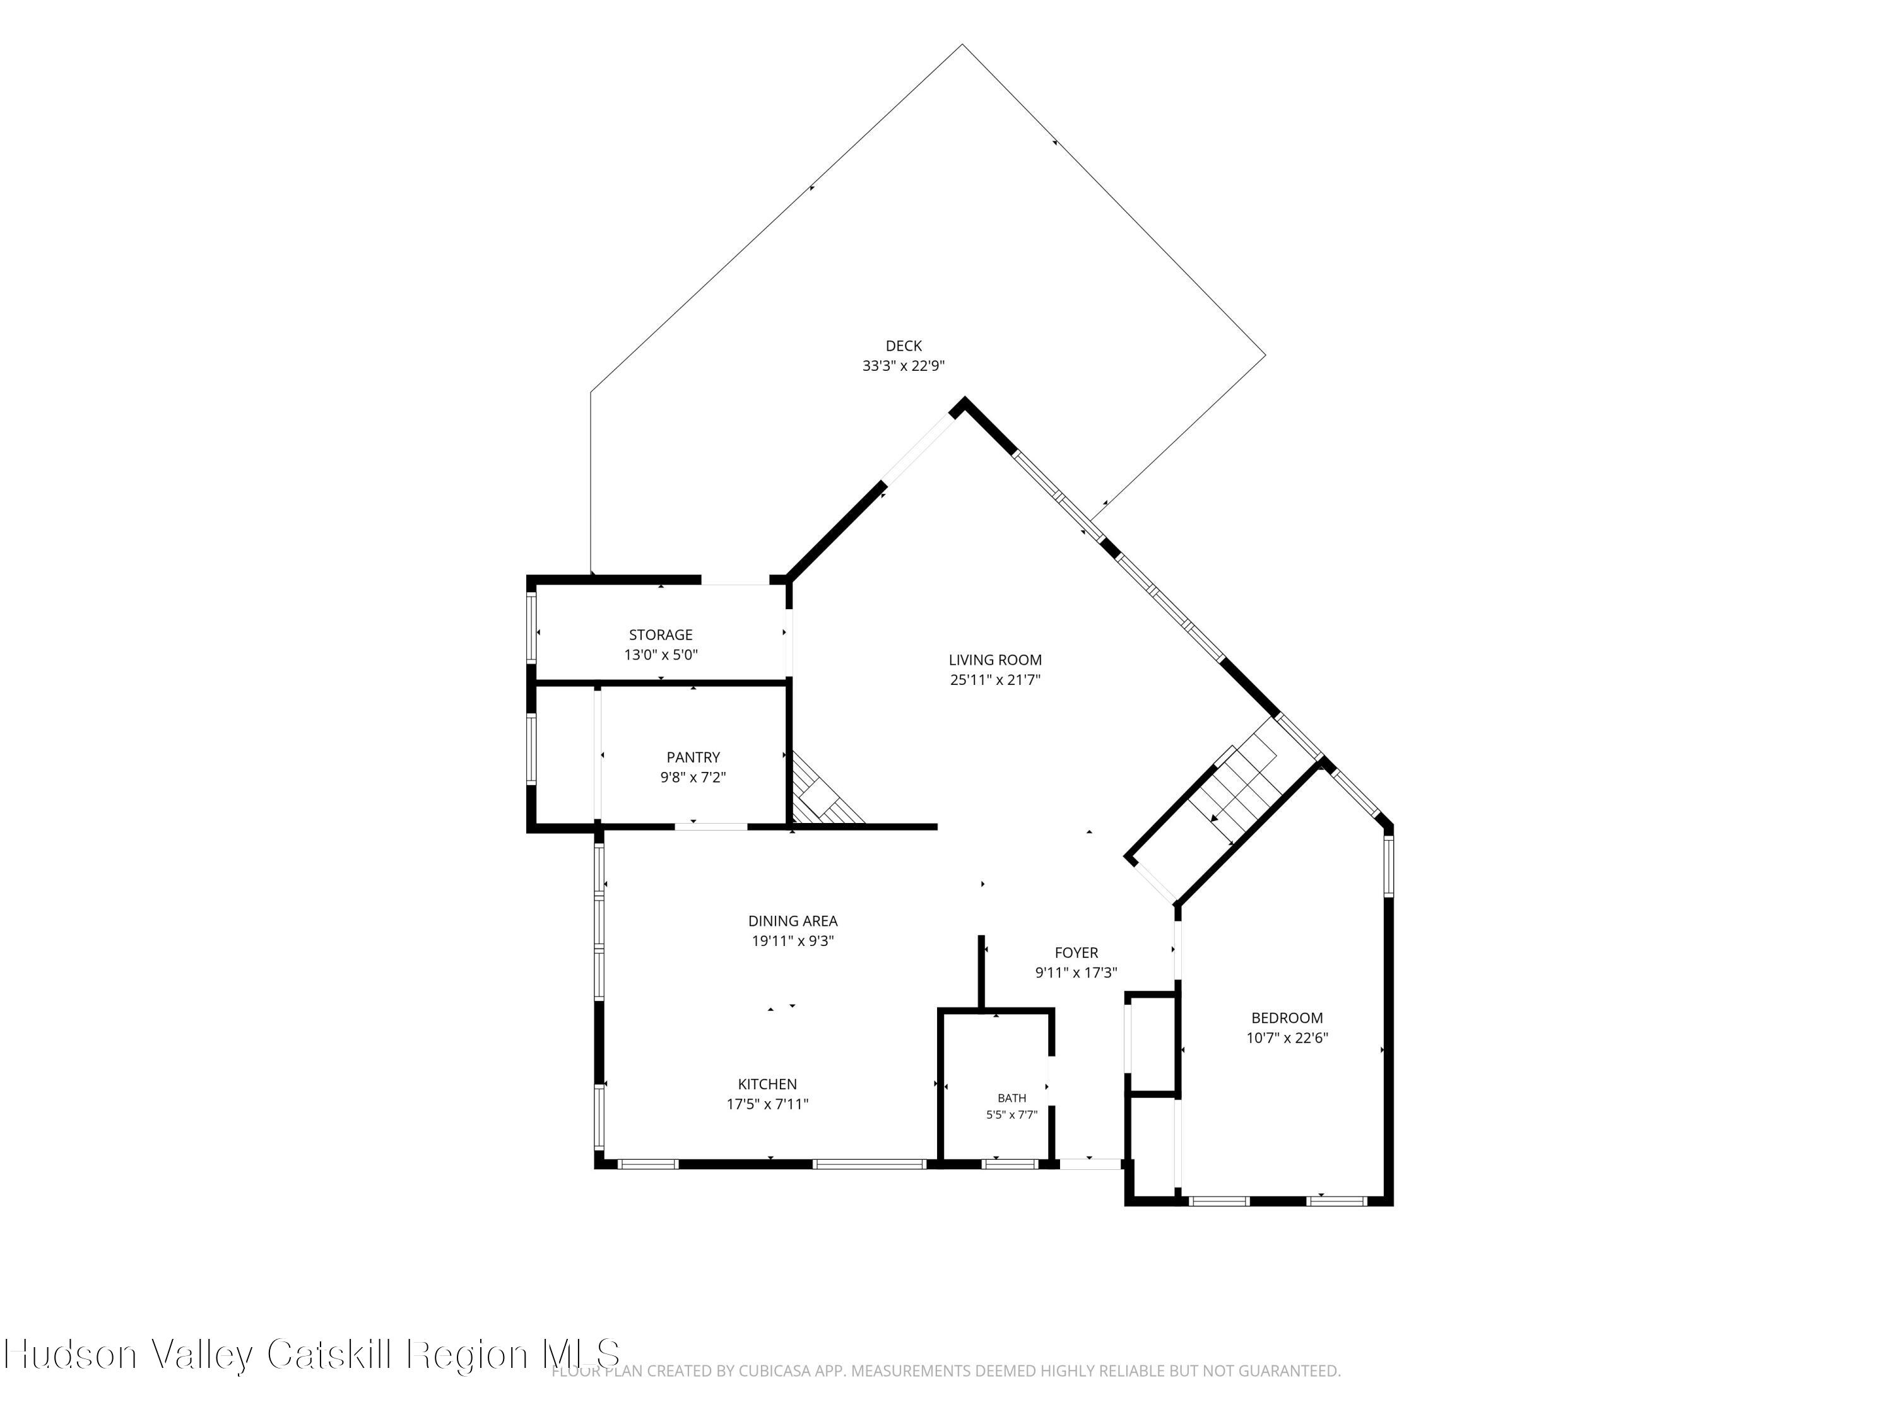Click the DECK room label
click(904, 346)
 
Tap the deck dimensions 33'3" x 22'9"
click(903, 366)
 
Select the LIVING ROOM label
click(995, 660)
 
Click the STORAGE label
click(661, 634)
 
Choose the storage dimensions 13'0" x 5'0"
click(661, 655)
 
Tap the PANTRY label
click(693, 757)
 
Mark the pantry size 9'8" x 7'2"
click(693, 778)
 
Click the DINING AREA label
click(793, 921)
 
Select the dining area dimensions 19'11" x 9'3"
click(793, 942)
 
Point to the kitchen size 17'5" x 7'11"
click(768, 1104)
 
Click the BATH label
click(1011, 1098)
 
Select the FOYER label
click(1076, 953)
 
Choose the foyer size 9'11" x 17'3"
click(1076, 973)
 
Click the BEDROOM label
click(1287, 1018)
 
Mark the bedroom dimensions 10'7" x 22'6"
click(1287, 1038)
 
